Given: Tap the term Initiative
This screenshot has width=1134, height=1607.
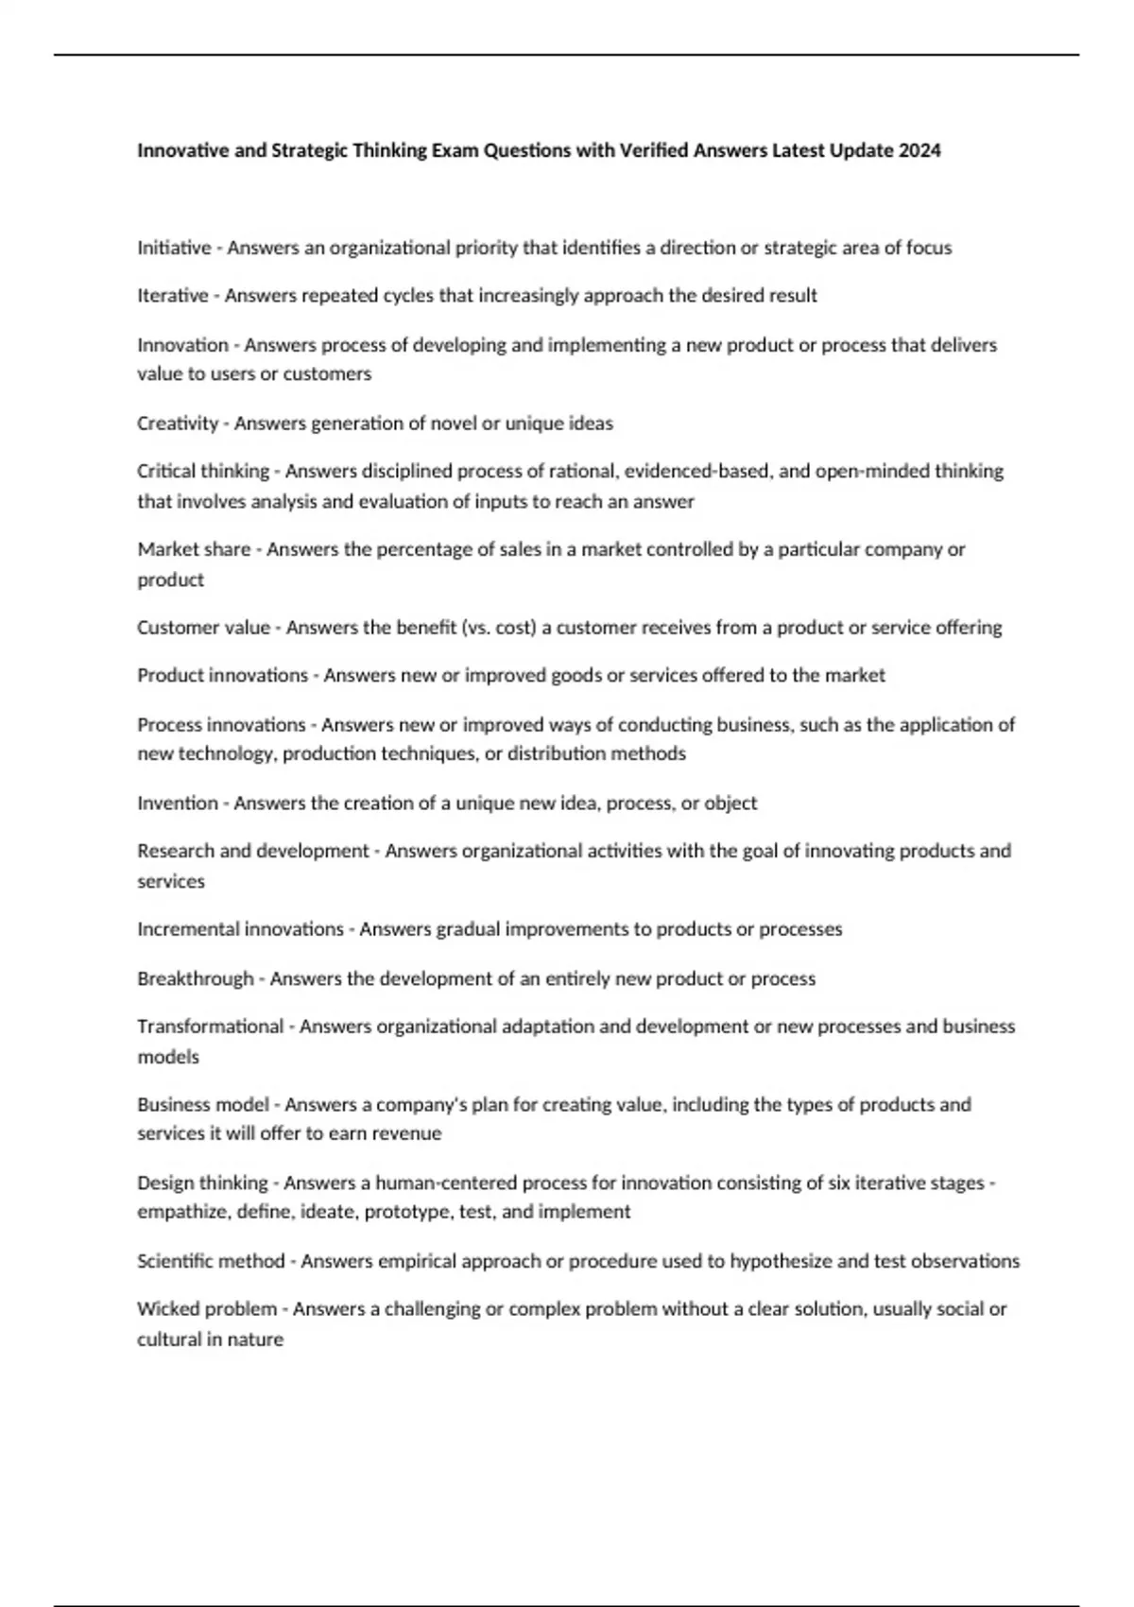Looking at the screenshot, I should click(174, 248).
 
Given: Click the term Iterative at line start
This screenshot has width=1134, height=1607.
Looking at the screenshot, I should click(173, 296).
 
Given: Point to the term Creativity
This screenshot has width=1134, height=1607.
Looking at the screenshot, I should click(178, 423).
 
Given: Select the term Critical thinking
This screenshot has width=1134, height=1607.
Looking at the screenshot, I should click(203, 471).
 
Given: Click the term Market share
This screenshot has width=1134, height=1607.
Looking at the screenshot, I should click(194, 549).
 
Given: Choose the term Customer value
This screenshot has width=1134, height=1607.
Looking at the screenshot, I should click(204, 628).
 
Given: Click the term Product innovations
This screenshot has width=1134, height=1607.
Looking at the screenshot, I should click(222, 676).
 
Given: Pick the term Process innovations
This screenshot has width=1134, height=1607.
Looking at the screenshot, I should click(221, 725).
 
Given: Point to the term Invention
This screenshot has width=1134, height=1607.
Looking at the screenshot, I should click(178, 803).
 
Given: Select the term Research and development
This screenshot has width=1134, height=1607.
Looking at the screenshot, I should click(253, 851).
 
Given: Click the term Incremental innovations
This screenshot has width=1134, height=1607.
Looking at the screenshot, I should click(240, 929).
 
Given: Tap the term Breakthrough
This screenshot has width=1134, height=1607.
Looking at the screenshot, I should click(196, 978).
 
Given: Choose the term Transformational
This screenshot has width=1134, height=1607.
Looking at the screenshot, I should click(210, 1027).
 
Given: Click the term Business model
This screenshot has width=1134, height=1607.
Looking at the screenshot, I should click(203, 1105).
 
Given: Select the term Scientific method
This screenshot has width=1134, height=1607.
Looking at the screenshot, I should click(211, 1261).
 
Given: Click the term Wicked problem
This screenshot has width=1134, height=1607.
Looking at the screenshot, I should click(207, 1309).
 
